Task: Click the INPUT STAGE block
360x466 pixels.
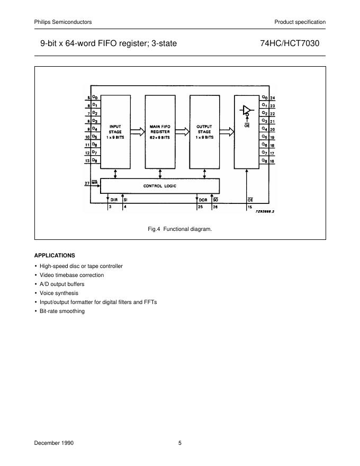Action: (x=115, y=132)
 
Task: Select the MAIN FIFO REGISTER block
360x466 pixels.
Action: (x=160, y=132)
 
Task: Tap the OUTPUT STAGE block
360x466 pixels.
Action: (x=204, y=132)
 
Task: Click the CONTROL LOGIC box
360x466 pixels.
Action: (x=160, y=186)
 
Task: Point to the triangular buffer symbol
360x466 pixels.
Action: (x=246, y=110)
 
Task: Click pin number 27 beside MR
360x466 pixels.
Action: (x=87, y=183)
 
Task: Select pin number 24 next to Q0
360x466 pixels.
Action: (x=272, y=98)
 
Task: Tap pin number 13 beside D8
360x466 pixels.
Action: (x=87, y=160)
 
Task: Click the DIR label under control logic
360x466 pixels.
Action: (x=113, y=200)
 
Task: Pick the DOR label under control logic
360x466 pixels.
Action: (x=203, y=200)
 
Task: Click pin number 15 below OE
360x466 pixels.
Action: (x=249, y=207)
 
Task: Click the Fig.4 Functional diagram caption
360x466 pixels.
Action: (x=179, y=229)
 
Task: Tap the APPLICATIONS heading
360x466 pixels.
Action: (x=55, y=255)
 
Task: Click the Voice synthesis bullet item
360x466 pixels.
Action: (x=59, y=293)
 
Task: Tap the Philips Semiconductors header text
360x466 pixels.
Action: (x=63, y=22)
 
